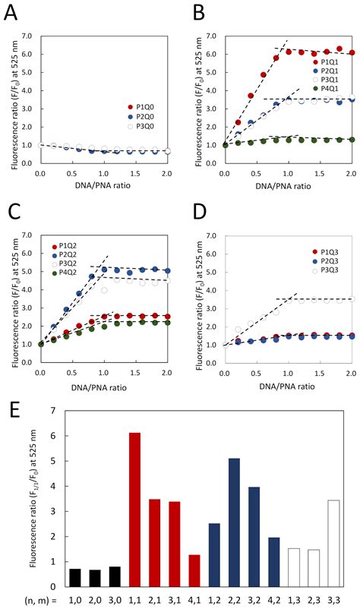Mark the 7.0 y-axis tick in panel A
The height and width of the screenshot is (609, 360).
(24, 36)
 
